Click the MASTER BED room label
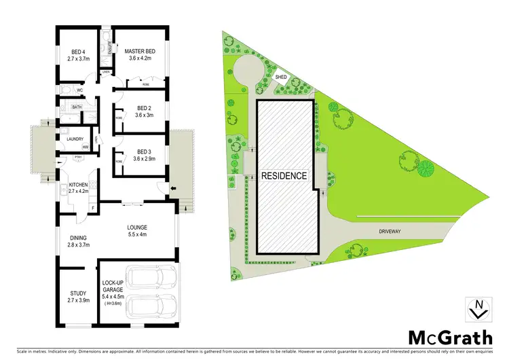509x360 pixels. point(140,50)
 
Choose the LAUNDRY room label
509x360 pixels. point(75,139)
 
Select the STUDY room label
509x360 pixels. point(79,293)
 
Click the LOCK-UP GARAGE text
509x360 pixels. point(111,285)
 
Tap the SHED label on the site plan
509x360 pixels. point(282,77)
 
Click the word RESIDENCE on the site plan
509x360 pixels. point(284,175)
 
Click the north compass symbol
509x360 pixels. point(478,308)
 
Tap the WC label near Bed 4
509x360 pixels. point(79,90)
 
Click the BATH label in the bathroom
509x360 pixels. point(77,107)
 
